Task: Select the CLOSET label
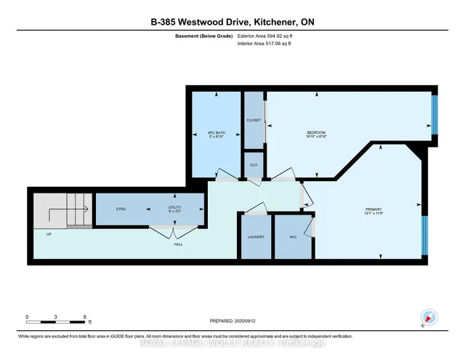(254, 120)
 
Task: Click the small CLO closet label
(254, 165)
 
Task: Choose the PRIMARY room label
(373, 212)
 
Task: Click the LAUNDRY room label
(256, 237)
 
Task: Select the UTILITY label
(174, 209)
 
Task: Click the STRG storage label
(121, 209)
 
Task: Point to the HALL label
(178, 244)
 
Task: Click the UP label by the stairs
(49, 234)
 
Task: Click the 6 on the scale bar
(86, 316)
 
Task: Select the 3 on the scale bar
(57, 316)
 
